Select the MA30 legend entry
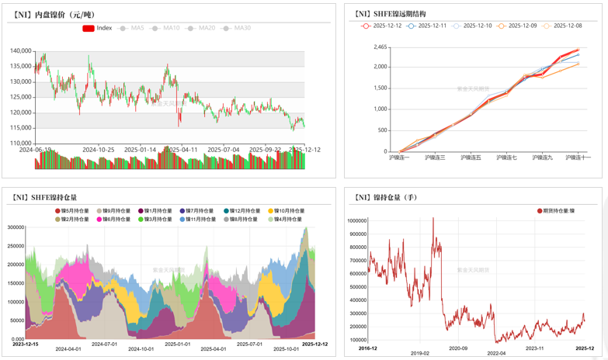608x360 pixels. click(x=238, y=28)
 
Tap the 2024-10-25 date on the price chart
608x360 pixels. click(x=99, y=149)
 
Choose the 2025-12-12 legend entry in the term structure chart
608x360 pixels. click(x=382, y=26)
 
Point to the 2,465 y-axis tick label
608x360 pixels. click(x=380, y=47)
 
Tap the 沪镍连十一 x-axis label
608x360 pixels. click(x=578, y=157)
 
